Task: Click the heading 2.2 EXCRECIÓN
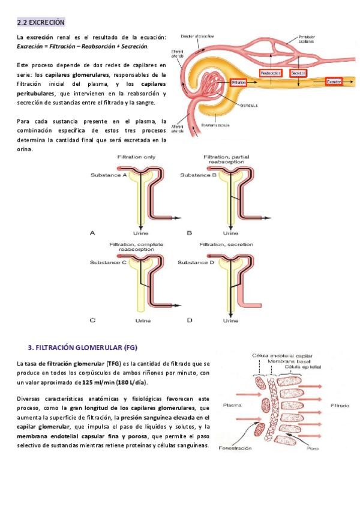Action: (41, 22)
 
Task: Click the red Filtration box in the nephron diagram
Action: (239, 82)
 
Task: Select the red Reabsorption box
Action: (271, 73)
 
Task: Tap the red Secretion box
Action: (298, 73)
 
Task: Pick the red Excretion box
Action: (334, 80)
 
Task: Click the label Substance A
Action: (109, 175)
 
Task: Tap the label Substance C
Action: (107, 262)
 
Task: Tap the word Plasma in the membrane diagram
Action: (232, 405)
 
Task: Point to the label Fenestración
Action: (235, 447)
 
